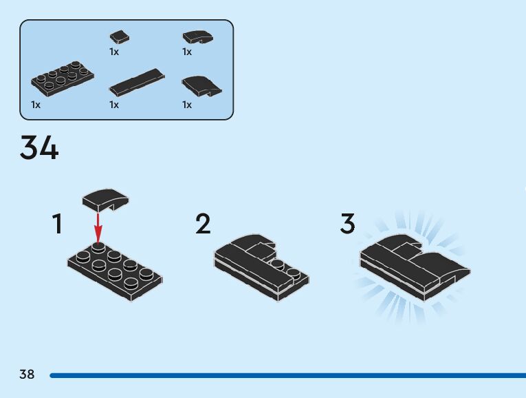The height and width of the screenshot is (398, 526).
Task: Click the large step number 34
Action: point(39,147)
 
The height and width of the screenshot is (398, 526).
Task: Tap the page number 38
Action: point(27,375)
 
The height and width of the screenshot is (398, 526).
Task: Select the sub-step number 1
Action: point(58,224)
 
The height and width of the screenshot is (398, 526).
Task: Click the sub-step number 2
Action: point(203,224)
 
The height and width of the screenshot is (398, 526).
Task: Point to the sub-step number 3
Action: point(348,224)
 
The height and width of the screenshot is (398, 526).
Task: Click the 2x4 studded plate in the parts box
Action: point(62,81)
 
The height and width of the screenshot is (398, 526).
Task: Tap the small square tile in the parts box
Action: point(120,37)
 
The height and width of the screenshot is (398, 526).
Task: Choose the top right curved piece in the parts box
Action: point(197,37)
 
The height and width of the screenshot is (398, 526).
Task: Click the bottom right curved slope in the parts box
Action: point(201,85)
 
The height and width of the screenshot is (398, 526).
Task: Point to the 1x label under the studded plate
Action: point(36,105)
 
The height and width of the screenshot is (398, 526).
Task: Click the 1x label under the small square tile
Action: point(114,52)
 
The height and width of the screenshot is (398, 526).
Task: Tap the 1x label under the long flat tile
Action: point(114,105)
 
